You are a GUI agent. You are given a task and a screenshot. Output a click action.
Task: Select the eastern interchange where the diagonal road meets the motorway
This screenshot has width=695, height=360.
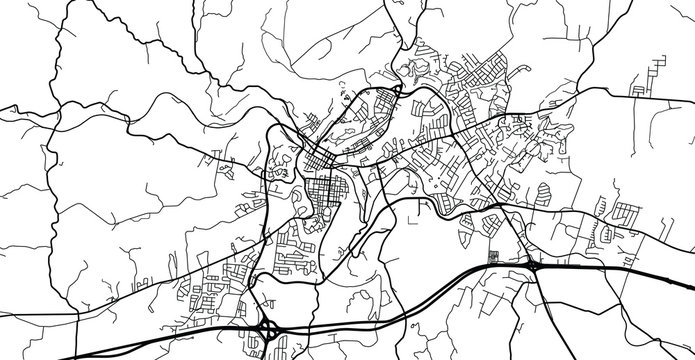(533, 267)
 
